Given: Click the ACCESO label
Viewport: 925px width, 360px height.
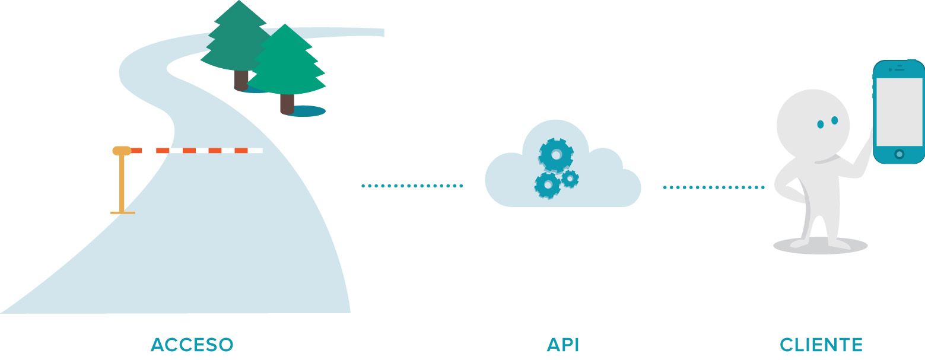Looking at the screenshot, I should point(192,345).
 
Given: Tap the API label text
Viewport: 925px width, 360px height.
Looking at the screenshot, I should point(562,345).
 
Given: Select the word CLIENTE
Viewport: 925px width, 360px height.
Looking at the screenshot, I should point(821,345).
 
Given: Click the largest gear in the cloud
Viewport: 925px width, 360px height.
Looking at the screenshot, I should point(556,155).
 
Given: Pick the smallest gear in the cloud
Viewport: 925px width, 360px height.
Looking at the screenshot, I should point(570,178).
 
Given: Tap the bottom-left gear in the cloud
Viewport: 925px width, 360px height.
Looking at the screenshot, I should point(547,185).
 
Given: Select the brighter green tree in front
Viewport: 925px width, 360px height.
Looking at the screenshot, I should point(287,62).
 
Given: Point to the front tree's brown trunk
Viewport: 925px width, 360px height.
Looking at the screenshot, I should point(287,103).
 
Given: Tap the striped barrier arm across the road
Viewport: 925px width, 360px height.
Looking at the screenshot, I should point(196,151).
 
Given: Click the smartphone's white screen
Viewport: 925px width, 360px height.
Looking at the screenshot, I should point(899,111).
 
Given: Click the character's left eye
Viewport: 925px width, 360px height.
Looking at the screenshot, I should point(821,124).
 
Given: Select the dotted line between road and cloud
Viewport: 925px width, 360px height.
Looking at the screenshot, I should point(412,186).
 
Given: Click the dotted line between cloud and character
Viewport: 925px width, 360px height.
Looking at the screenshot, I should point(713,187).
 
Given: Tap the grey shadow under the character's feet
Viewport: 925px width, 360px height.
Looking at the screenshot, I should point(820,246).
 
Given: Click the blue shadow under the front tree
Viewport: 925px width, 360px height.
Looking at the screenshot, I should point(309,111).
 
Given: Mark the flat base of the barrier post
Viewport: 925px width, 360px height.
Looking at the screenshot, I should point(123,212).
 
